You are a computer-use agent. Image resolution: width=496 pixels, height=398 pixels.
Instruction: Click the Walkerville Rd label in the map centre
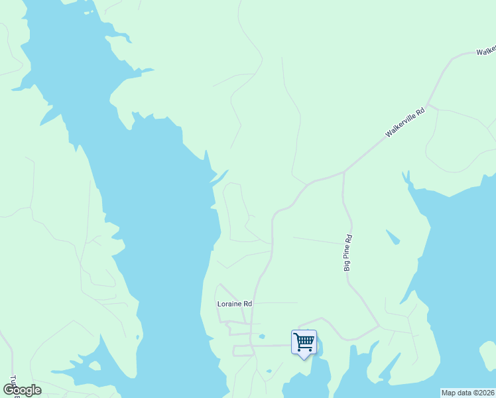click(404, 123)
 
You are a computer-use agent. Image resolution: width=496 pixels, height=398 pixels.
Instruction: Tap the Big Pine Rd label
click(347, 253)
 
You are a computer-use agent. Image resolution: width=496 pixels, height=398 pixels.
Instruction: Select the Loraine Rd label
click(235, 304)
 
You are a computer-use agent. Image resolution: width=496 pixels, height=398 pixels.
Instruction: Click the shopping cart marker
click(304, 342)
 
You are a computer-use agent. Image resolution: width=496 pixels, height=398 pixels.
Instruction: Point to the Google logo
click(22, 390)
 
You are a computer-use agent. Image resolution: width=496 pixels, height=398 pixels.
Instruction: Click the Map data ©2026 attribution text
click(467, 393)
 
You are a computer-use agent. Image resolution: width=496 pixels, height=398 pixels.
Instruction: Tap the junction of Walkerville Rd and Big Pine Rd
click(343, 172)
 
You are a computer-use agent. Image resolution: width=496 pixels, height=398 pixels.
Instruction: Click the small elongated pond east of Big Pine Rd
click(393, 237)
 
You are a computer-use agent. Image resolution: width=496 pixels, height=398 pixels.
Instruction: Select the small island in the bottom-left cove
click(95, 365)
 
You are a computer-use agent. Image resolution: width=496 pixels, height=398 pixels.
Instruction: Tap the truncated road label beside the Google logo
click(11, 383)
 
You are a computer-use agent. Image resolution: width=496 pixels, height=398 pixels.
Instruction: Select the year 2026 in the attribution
click(485, 393)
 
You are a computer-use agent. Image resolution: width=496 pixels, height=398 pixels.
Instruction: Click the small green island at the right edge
click(488, 354)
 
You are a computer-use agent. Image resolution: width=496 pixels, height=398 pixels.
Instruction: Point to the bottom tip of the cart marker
click(304, 359)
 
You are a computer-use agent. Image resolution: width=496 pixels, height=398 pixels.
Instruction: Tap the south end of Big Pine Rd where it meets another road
click(379, 327)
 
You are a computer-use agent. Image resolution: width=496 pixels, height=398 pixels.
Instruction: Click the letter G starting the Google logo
click(9, 390)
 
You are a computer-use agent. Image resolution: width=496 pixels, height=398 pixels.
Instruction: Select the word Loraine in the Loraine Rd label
click(230, 304)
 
